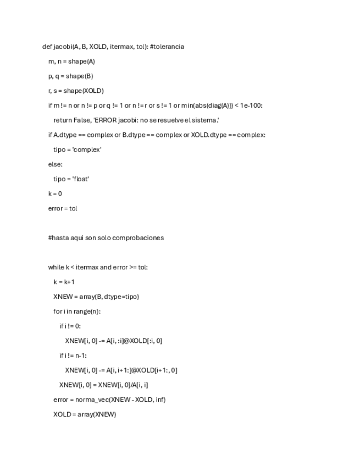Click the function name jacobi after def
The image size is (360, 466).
click(x=62, y=47)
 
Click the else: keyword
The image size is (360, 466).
click(x=56, y=164)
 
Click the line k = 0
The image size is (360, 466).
click(x=55, y=193)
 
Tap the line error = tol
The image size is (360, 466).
click(x=63, y=208)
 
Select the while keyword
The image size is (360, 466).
click(x=56, y=267)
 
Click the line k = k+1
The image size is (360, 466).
click(x=64, y=282)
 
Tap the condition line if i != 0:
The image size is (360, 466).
click(x=70, y=326)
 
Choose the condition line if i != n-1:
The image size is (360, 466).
click(x=73, y=355)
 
